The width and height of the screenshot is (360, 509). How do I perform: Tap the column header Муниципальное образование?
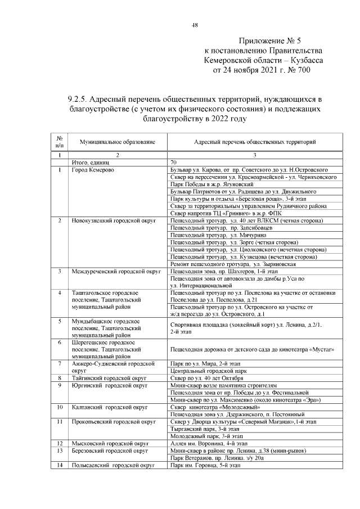coord(116,143)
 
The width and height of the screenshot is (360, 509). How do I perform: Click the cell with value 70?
coord(174,162)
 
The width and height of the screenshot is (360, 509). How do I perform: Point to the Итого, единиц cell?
coord(90,162)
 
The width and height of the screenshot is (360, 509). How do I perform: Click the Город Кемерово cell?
coord(93,169)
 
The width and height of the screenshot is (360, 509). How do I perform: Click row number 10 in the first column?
coord(59,407)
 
